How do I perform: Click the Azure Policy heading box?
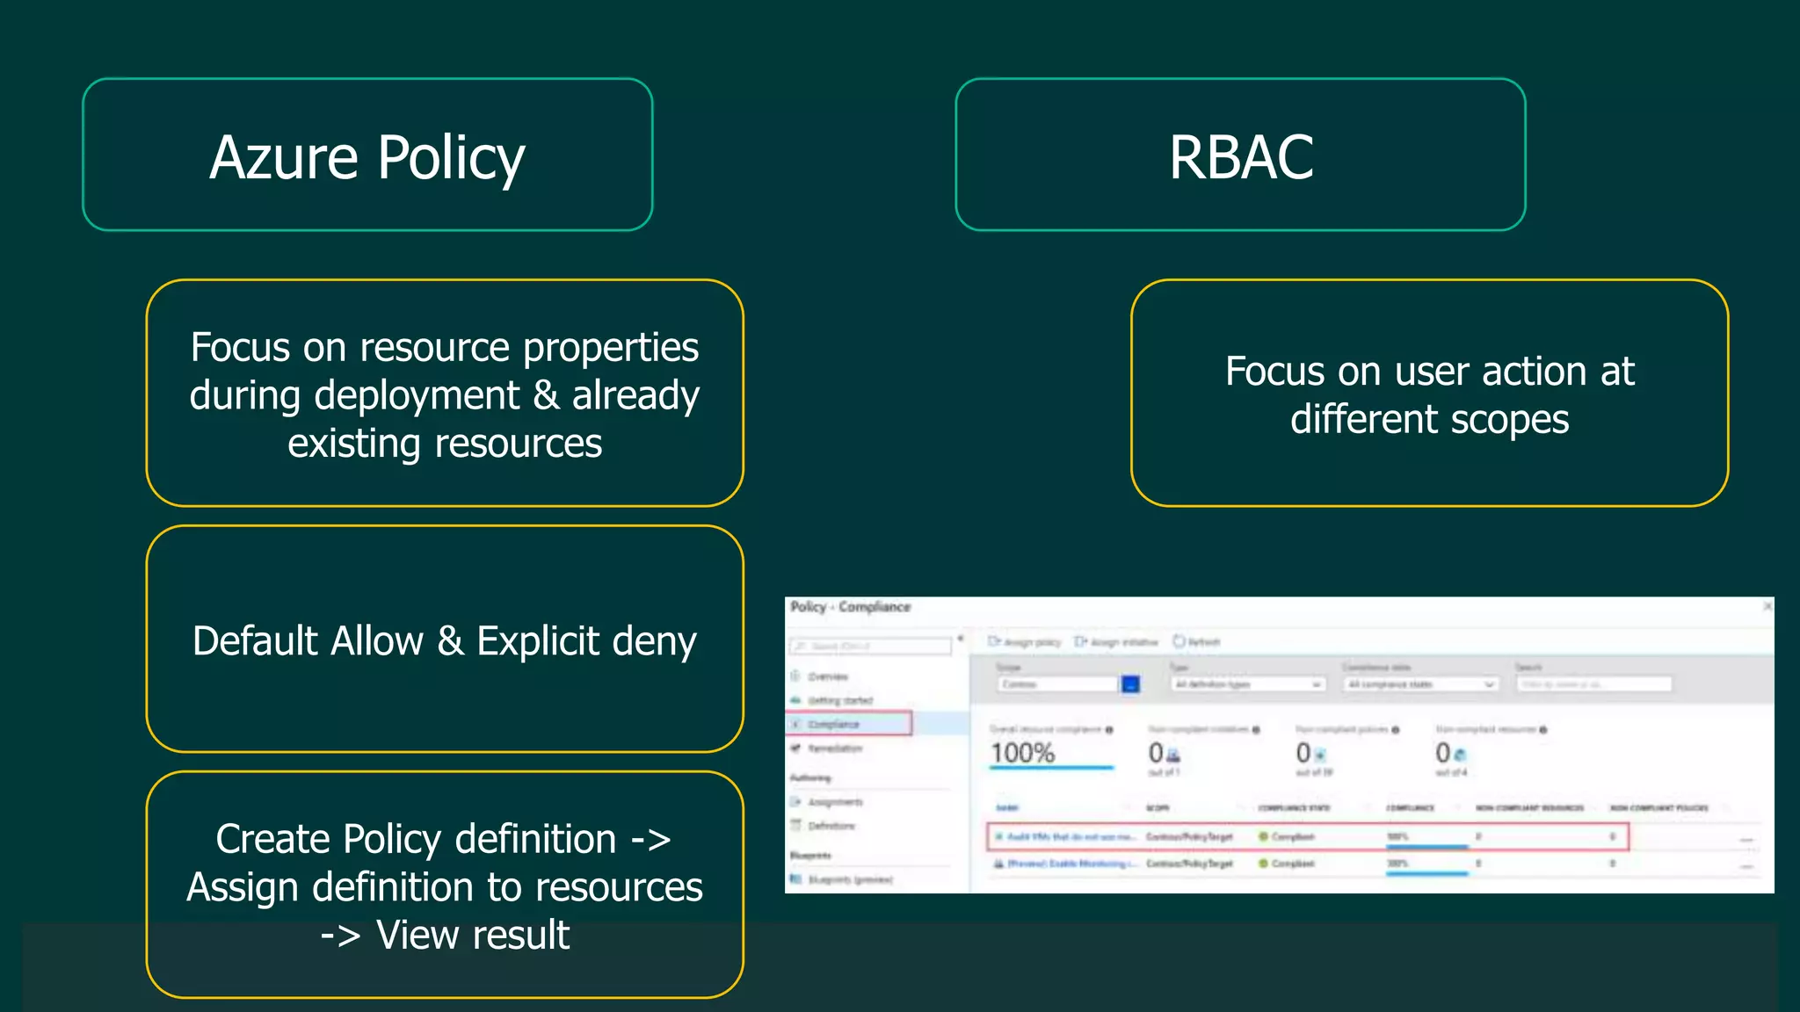click(367, 155)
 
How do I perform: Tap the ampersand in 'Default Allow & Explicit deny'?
click(450, 641)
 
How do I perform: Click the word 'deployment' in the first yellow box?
click(417, 395)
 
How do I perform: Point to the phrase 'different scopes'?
click(1429, 420)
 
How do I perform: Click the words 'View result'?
click(473, 935)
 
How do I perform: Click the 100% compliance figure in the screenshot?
click(1023, 753)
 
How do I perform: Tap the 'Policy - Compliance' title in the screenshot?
click(850, 607)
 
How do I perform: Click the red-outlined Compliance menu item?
click(849, 724)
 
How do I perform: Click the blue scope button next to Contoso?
click(1130, 684)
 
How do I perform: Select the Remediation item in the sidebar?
click(834, 748)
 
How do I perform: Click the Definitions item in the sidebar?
click(831, 826)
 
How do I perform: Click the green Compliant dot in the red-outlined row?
click(1263, 836)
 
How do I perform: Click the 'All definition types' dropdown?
click(1248, 684)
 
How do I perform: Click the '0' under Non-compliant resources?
click(1442, 753)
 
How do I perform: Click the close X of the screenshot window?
click(1767, 606)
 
